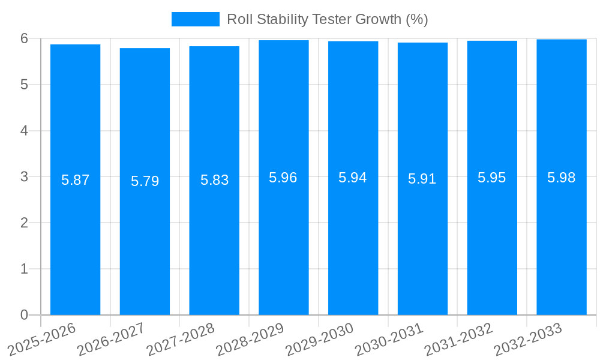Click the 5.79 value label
[145, 181]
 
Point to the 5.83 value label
[214, 180]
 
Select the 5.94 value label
[353, 178]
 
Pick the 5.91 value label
[422, 179]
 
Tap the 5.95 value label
[492, 178]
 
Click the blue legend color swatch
[196, 19]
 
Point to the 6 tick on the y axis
[24, 38]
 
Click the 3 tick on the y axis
[24, 177]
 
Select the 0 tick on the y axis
[24, 315]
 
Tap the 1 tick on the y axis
[24, 269]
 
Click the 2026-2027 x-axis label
[110, 340]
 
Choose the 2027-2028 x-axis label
[180, 340]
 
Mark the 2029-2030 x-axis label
[319, 340]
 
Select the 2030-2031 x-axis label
[389, 340]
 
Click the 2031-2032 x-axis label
[458, 340]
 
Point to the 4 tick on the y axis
[24, 131]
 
